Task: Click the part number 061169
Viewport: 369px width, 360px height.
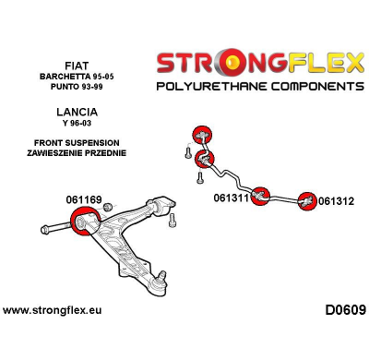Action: (84, 200)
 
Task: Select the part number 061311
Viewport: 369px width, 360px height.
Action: (231, 198)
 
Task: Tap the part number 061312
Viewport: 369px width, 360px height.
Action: (336, 201)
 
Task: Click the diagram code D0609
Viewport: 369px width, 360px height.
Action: (345, 310)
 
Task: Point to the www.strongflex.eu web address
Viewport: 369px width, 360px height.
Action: (52, 310)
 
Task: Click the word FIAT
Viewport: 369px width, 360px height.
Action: (77, 66)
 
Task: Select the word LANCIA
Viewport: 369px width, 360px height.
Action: (77, 112)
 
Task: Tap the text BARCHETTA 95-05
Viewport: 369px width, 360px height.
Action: (77, 77)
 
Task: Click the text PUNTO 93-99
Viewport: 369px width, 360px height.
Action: (77, 87)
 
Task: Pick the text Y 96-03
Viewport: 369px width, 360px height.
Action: (77, 123)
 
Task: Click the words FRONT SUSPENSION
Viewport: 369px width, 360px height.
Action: (77, 143)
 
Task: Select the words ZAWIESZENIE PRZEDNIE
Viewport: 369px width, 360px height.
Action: (77, 152)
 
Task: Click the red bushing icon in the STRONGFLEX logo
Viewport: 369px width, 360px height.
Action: (231, 63)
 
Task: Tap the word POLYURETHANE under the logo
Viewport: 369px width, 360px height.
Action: (210, 86)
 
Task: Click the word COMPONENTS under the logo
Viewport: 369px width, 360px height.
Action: (316, 86)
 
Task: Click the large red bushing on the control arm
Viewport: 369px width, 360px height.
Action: (85, 222)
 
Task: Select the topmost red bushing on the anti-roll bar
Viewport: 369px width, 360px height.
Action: (202, 135)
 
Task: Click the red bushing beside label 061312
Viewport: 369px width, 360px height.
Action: (307, 201)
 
